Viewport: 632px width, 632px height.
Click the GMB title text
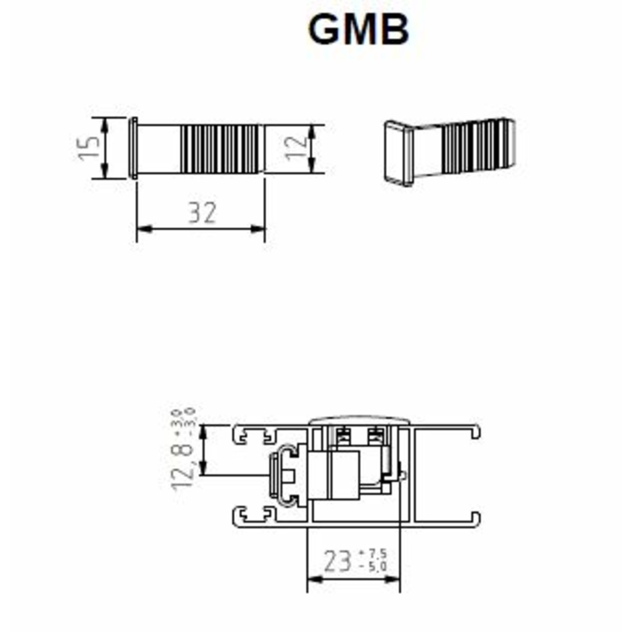click(x=359, y=30)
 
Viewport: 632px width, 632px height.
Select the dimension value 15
click(x=89, y=148)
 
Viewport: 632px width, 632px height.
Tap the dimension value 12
click(x=296, y=149)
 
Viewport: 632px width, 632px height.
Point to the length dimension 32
click(x=202, y=213)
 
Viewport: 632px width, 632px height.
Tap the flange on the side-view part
click(x=133, y=149)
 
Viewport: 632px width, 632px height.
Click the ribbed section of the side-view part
click(x=218, y=149)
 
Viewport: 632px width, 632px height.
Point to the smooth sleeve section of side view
click(x=159, y=149)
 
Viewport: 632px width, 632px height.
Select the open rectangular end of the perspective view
click(x=398, y=152)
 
